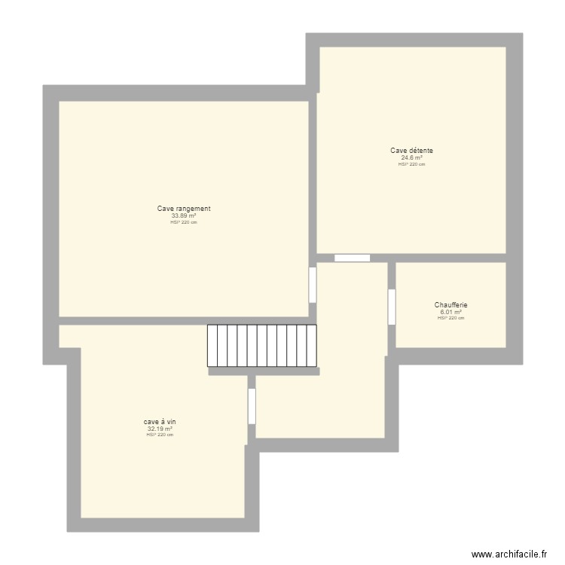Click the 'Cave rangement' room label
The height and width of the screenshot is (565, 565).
[x=184, y=209]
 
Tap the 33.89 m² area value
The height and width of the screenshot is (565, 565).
[x=184, y=215]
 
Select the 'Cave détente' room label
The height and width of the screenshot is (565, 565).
[x=411, y=151]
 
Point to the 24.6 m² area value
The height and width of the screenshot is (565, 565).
[x=411, y=157]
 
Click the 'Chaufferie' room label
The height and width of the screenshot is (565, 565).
[x=450, y=305]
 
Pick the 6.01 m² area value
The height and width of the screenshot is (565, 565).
[x=450, y=312]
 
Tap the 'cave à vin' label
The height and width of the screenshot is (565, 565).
[x=160, y=422]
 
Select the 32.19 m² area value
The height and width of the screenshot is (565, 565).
[x=160, y=429]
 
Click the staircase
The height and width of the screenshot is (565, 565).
[x=262, y=346]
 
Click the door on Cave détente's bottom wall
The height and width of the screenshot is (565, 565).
[x=352, y=258]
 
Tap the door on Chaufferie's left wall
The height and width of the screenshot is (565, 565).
[x=392, y=307]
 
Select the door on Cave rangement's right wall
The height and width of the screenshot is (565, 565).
[x=313, y=285]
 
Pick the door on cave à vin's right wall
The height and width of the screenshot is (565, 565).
[x=252, y=406]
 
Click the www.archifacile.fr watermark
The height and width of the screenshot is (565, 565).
[x=509, y=554]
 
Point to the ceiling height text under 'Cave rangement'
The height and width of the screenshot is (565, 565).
[x=184, y=222]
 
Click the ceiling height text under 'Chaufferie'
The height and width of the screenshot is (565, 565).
[x=450, y=318]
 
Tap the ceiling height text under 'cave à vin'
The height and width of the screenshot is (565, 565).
[x=160, y=435]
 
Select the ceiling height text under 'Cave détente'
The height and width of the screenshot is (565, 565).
[x=411, y=163]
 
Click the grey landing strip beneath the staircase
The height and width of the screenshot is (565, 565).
[x=264, y=371]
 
